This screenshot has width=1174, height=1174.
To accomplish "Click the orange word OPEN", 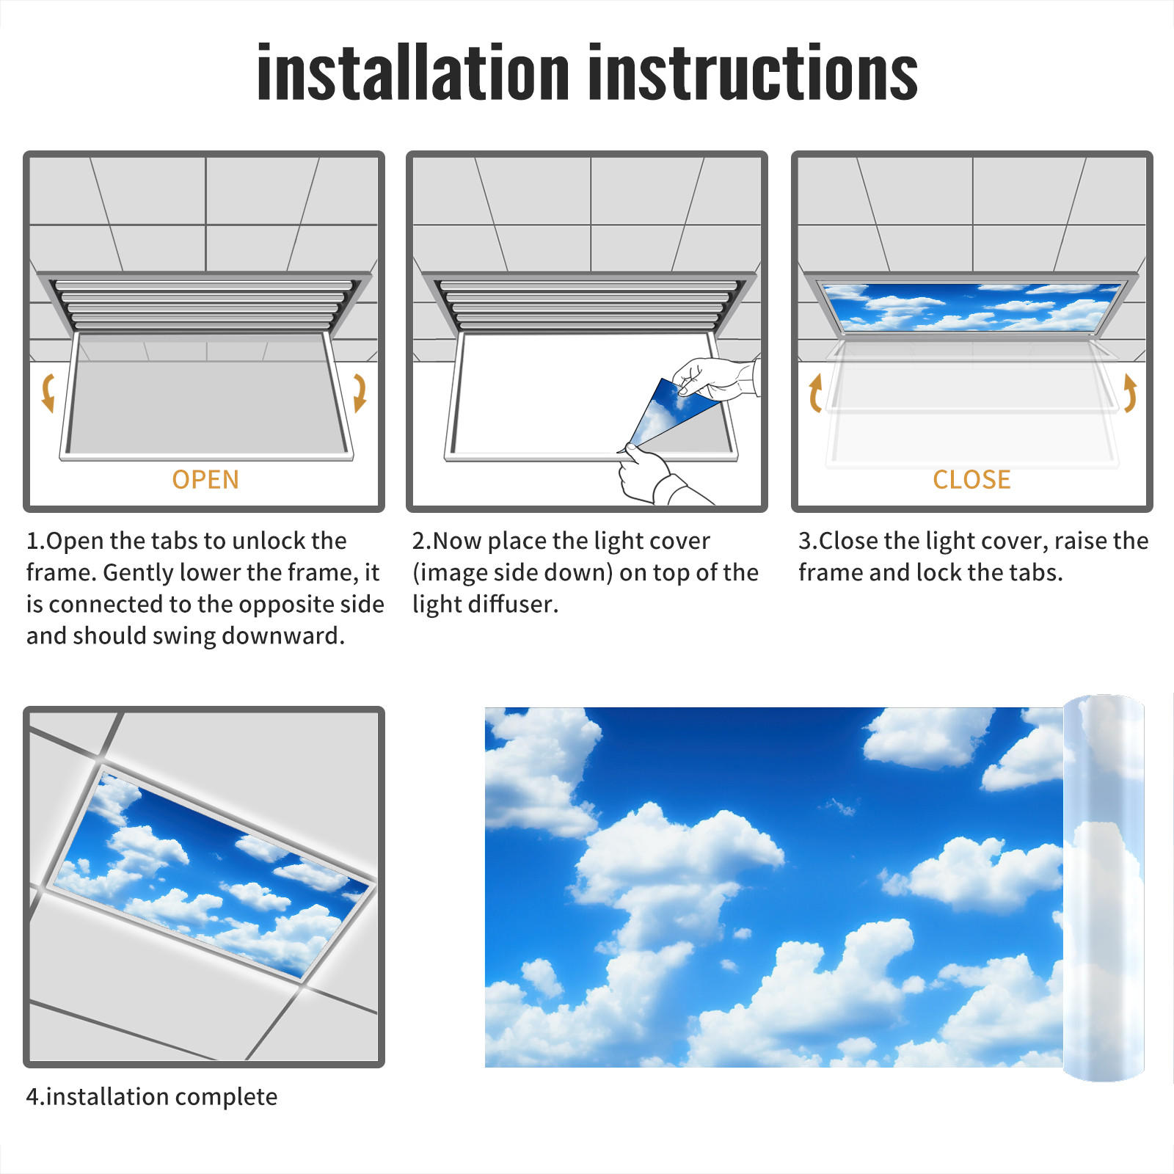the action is [x=205, y=480].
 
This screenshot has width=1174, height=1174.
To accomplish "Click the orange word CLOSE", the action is [x=971, y=480].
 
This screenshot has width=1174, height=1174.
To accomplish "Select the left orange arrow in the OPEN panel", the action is [x=48, y=393].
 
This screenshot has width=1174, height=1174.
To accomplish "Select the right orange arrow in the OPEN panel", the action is [x=360, y=393].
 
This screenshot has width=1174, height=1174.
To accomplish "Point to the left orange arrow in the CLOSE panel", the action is [x=815, y=393].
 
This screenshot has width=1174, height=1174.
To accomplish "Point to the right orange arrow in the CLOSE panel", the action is [x=1130, y=393].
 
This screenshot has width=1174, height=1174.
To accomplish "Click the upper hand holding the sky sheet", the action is [x=715, y=378].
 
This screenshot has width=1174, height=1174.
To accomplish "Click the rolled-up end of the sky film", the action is [x=1104, y=888].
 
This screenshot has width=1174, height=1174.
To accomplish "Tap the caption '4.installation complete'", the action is [x=152, y=1097].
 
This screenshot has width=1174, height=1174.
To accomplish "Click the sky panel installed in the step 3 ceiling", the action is [x=972, y=307].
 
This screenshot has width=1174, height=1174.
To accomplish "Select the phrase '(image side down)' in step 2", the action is [x=512, y=572].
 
